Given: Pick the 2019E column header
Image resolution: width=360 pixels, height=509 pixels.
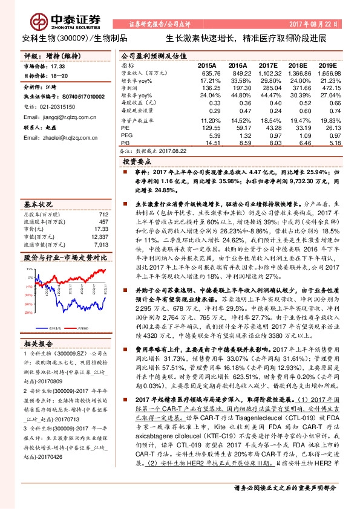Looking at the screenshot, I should (x=327, y=64).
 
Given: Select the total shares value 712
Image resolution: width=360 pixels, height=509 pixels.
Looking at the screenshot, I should (x=102, y=215).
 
